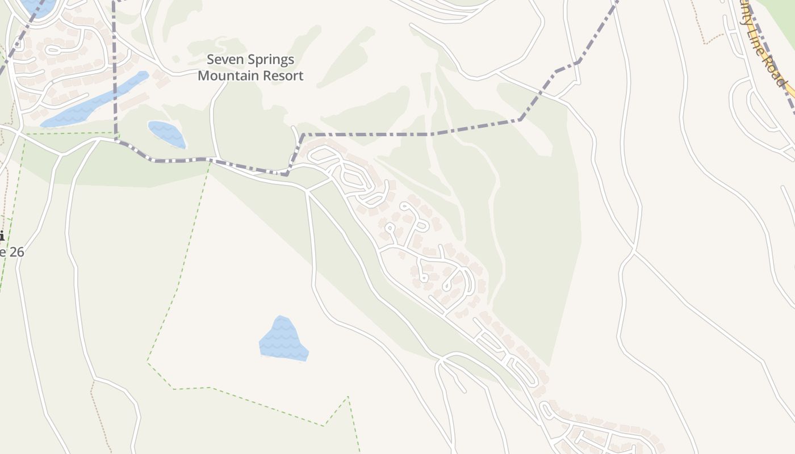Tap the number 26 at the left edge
coord(15,251)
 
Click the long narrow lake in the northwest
coord(94,102)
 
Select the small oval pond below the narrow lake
coord(166,134)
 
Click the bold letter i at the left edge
coord(2,236)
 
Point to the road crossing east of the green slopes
coord(634,250)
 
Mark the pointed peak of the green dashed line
coord(348,397)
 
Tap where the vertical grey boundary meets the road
coord(116,140)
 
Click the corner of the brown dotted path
coord(704,43)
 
